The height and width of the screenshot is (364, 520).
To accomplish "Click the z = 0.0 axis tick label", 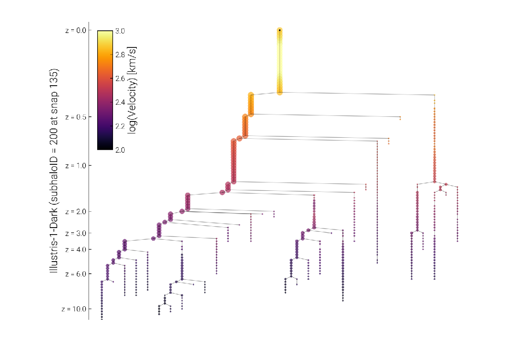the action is [x=76, y=31].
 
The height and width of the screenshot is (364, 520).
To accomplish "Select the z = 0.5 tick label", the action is [x=76, y=117].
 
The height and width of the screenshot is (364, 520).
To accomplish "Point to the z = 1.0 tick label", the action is [x=76, y=166].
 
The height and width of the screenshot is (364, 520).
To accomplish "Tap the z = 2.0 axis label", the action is [x=76, y=212].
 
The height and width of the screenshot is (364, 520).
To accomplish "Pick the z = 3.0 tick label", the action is [x=76, y=233].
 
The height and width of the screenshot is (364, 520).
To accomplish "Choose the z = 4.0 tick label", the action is [x=76, y=249].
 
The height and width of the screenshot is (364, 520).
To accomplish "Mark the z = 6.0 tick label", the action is [x=76, y=274].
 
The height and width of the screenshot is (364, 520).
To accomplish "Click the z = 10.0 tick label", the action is [x=73, y=309].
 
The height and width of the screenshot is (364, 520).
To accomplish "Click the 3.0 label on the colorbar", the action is [x=120, y=31].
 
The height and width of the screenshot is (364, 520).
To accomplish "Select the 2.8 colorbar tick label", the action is [x=120, y=55].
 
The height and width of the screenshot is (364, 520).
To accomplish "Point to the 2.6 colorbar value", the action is [x=120, y=79].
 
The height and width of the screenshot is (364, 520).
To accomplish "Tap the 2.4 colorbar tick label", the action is [x=120, y=102].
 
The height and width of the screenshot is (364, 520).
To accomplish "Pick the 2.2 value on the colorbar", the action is [x=120, y=126].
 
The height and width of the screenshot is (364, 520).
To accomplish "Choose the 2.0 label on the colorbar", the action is [x=120, y=150].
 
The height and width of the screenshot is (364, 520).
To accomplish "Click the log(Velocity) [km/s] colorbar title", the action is [x=132, y=90].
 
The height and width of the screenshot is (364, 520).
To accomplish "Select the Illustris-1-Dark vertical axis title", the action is [x=54, y=171].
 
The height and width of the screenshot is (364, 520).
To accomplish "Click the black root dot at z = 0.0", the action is [x=280, y=30].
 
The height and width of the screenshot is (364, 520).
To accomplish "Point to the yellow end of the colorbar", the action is [x=105, y=32].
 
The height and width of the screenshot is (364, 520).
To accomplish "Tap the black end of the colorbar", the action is [x=105, y=148].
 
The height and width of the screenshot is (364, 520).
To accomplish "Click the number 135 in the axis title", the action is [x=54, y=77].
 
